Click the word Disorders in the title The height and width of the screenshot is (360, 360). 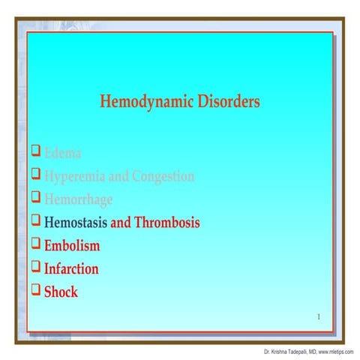pyautogui.click(x=225, y=101)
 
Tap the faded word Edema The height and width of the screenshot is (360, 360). pyautogui.click(x=63, y=154)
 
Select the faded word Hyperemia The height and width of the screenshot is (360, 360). pyautogui.click(x=76, y=177)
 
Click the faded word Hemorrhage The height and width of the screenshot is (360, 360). pyautogui.click(x=79, y=199)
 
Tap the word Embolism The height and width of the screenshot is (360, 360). pyautogui.click(x=72, y=245)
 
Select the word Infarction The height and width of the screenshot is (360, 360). pyautogui.click(x=71, y=268)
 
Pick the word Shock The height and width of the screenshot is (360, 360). pyautogui.click(x=61, y=292)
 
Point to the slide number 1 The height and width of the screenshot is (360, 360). pyautogui.click(x=318, y=316)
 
